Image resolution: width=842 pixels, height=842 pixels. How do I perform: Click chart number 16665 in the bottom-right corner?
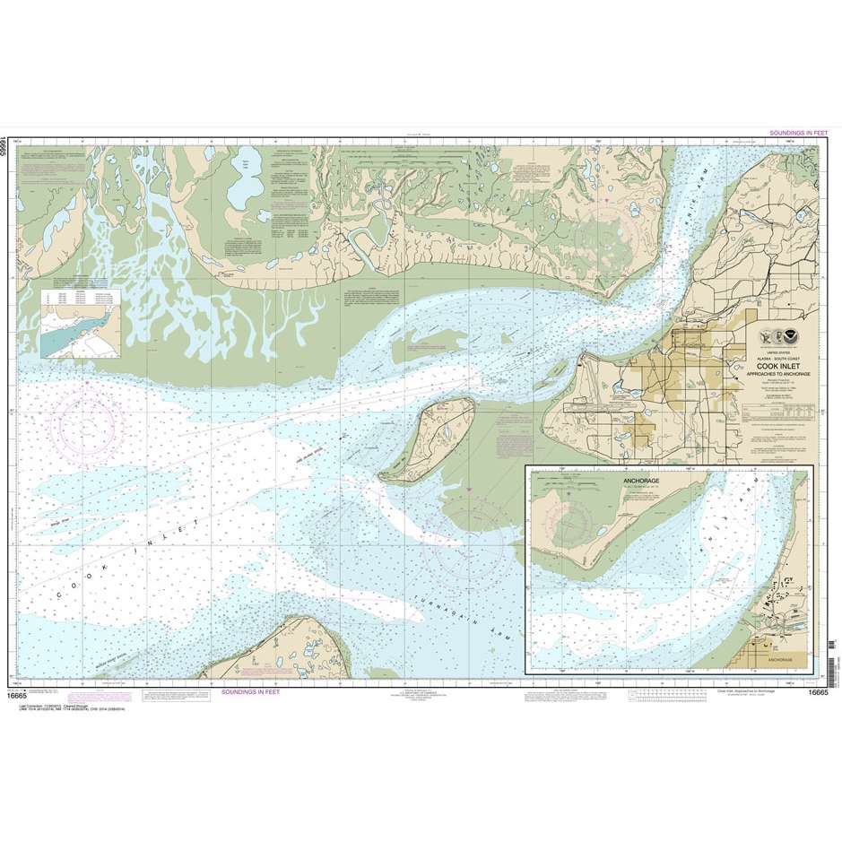pyautogui.click(x=816, y=691)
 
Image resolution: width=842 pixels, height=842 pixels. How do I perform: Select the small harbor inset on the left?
pyautogui.click(x=77, y=318)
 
